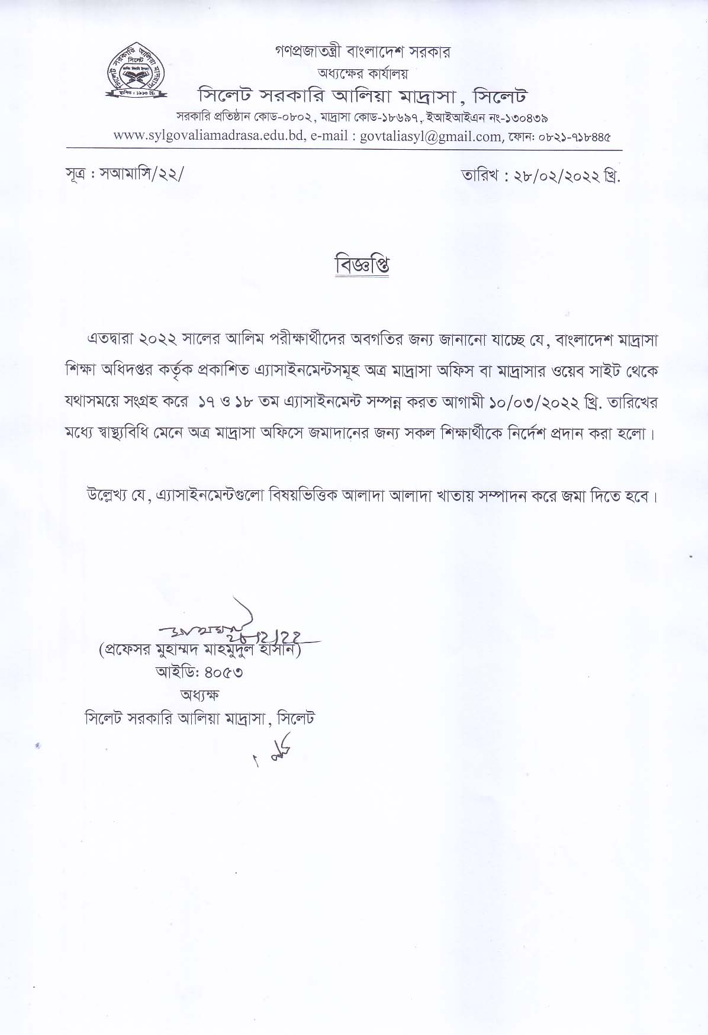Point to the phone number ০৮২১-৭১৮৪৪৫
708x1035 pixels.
pyautogui.click(x=574, y=137)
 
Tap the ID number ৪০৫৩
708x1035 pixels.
pyautogui.click(x=223, y=673)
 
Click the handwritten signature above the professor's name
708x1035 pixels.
pyautogui.click(x=237, y=628)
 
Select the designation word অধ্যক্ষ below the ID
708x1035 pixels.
pyautogui.click(x=199, y=695)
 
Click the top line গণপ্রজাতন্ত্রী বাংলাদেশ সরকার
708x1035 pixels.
pyautogui.click(x=362, y=52)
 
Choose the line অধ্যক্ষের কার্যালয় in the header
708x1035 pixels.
pyautogui.click(x=363, y=73)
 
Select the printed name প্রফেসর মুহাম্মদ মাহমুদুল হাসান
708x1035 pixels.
pyautogui.click(x=201, y=650)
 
